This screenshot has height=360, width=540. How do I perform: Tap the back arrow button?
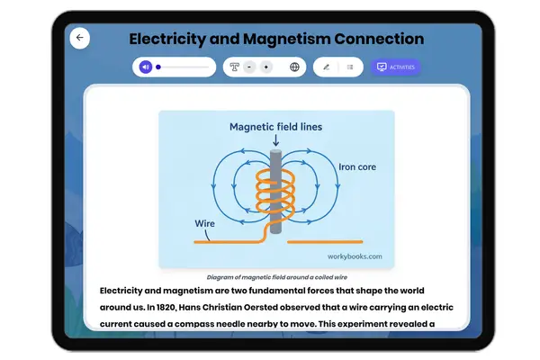point(80,38)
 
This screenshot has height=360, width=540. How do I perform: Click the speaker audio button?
point(145,67)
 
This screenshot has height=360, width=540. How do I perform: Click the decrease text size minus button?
point(249,67)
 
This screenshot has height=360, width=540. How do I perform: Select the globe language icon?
point(294,67)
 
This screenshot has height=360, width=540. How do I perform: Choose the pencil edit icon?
point(326,67)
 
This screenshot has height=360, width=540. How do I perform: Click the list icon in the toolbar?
point(350,67)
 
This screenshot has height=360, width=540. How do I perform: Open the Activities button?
point(395,67)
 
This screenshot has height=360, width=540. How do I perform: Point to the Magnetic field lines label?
point(275,127)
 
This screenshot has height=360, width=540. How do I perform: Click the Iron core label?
point(357,166)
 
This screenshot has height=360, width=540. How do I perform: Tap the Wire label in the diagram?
point(205,223)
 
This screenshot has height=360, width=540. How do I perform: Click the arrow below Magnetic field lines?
point(275,140)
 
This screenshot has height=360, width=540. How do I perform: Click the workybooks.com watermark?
point(356,256)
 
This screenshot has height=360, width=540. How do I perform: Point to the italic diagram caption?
point(276,277)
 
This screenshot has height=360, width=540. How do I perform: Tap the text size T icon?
point(235,67)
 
